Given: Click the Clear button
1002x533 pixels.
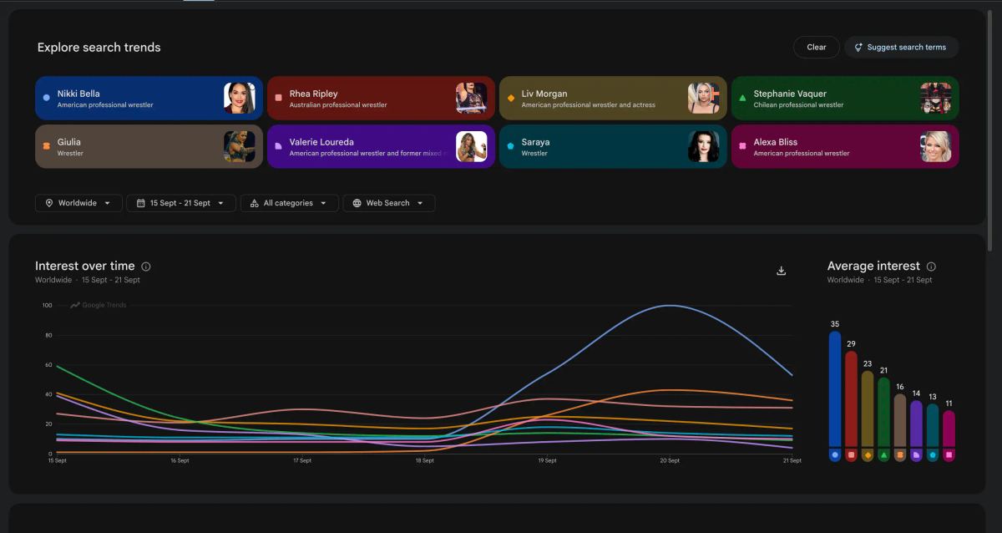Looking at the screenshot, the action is click(x=816, y=47).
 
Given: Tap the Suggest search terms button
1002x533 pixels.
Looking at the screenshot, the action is click(x=901, y=47).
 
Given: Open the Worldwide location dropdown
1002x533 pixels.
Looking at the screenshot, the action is click(x=78, y=203).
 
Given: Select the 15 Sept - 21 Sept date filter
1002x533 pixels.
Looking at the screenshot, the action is click(x=180, y=203).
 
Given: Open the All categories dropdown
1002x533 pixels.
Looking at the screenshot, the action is click(x=289, y=203).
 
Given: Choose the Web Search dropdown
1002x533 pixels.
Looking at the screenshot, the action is click(x=388, y=203).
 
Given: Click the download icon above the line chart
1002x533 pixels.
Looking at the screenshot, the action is click(x=781, y=271).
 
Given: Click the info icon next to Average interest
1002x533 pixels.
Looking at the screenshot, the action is click(x=931, y=266).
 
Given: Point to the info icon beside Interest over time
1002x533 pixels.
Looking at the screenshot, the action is click(x=146, y=266).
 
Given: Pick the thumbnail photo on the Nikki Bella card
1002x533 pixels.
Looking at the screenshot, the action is click(x=240, y=98).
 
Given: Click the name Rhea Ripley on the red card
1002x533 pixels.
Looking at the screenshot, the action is click(x=313, y=94).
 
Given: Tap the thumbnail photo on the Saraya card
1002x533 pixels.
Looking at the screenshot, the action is click(x=704, y=146).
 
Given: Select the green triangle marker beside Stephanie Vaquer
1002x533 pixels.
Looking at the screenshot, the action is click(x=742, y=98).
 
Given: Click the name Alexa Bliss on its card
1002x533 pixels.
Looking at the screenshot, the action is click(x=775, y=142).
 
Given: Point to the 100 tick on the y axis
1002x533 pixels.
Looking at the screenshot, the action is click(x=47, y=305).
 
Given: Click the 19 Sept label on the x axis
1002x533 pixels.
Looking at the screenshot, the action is click(x=547, y=460).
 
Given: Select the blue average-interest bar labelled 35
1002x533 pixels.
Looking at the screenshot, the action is click(x=835, y=389).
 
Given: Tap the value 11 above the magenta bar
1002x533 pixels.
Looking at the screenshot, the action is click(x=949, y=404).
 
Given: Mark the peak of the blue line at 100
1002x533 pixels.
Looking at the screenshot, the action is click(x=670, y=306).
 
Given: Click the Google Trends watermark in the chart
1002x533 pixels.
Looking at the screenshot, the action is click(x=99, y=305).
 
